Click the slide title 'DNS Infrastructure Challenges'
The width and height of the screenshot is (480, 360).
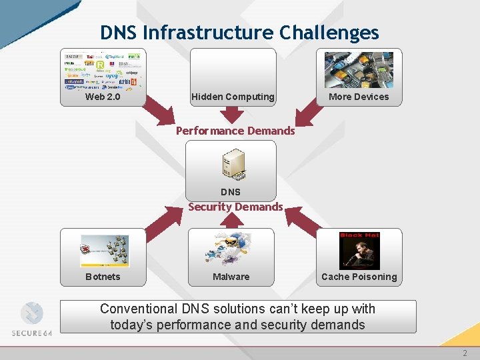(x=239, y=33)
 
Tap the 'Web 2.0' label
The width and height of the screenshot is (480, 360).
(x=103, y=97)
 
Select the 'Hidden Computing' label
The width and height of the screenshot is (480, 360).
(x=233, y=97)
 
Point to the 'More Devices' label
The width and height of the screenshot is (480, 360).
(x=359, y=97)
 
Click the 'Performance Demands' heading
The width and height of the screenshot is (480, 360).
(x=235, y=131)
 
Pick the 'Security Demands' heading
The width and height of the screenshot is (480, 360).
(x=235, y=207)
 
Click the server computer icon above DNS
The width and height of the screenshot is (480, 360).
(x=233, y=165)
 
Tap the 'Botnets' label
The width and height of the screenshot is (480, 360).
(x=103, y=277)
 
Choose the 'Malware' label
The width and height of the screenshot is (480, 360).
(x=231, y=277)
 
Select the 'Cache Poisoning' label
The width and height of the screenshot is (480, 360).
(x=359, y=277)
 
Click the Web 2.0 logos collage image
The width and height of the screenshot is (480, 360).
(x=102, y=70)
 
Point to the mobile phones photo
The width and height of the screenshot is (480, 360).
(x=359, y=70)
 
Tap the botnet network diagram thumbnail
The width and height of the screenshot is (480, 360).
(x=104, y=251)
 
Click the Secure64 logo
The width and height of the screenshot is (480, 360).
(x=31, y=319)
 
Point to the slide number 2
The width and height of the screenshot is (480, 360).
(x=465, y=353)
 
